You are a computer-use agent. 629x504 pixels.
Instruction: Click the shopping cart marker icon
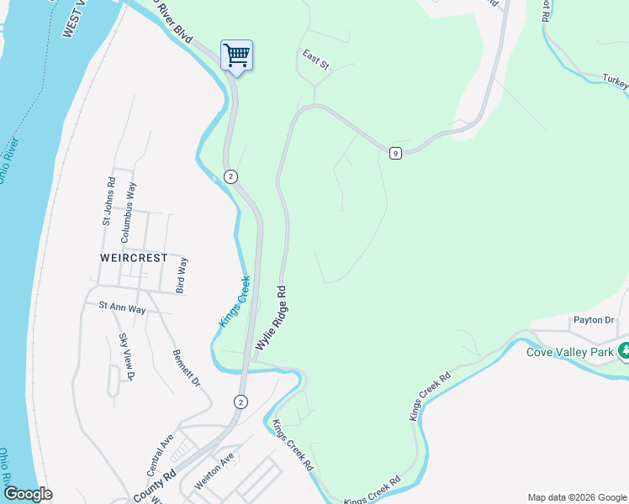[236, 56]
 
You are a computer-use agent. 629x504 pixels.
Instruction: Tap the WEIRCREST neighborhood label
[132, 258]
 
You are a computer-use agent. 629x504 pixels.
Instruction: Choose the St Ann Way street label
[123, 309]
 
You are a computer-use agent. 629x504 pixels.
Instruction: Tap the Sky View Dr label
[126, 357]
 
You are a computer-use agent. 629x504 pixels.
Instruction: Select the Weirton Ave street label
[214, 465]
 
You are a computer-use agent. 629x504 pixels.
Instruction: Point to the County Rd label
[153, 486]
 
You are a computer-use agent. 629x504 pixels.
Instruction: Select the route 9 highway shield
[394, 152]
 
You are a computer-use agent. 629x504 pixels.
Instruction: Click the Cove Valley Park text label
[570, 352]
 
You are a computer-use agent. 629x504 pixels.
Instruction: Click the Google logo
[28, 493]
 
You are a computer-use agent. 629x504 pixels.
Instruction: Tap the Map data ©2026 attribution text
[577, 497]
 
